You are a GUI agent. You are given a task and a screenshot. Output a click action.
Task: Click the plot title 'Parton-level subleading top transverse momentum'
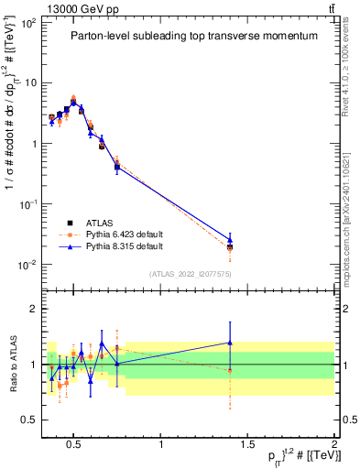pyautogui.click(x=194, y=36)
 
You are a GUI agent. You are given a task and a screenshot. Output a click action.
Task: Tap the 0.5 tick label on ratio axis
pyautogui.click(x=31, y=420)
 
